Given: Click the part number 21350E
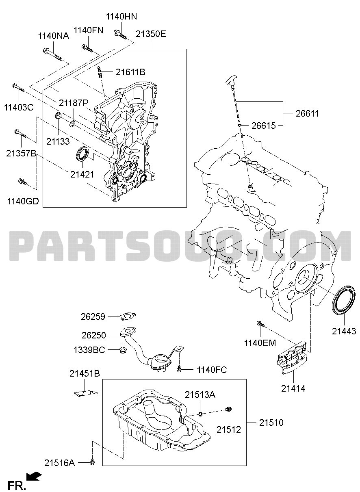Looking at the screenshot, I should [x=151, y=34].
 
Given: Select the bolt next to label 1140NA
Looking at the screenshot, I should [x=52, y=53].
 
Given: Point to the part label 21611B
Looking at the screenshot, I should [x=130, y=72].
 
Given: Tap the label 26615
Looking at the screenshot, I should [x=263, y=126].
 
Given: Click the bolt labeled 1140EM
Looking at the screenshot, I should [x=260, y=324].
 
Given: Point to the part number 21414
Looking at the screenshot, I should [x=293, y=388].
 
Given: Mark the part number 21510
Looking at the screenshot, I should [x=272, y=423].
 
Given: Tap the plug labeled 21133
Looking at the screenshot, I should [x=58, y=117].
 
